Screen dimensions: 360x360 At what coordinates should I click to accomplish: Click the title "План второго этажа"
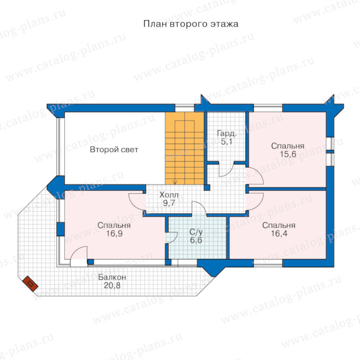(191, 24)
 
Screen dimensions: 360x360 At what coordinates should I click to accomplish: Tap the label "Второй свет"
(114, 150)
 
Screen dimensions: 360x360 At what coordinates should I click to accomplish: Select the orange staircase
(184, 148)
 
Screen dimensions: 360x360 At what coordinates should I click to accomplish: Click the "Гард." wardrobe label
(227, 133)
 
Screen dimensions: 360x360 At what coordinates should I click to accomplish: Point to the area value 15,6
(288, 154)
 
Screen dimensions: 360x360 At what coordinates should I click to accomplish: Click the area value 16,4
(279, 234)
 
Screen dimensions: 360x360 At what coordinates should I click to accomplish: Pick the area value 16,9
(114, 234)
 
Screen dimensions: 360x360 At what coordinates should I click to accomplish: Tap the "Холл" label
(169, 195)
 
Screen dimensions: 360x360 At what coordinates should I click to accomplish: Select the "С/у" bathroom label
(196, 232)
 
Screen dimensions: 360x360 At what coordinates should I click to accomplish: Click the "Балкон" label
(112, 277)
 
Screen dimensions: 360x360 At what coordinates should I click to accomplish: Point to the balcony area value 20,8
(112, 285)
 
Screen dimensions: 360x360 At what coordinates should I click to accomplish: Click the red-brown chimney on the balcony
(30, 284)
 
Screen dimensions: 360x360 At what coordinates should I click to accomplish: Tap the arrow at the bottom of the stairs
(175, 182)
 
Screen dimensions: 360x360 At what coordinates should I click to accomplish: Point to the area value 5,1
(227, 142)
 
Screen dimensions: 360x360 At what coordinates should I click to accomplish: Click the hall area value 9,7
(169, 203)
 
